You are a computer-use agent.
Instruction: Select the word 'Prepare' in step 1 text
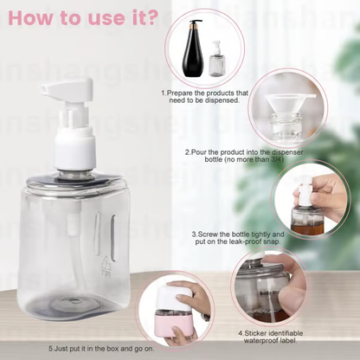click(x=181, y=92)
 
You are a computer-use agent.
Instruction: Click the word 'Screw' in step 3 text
click(x=209, y=234)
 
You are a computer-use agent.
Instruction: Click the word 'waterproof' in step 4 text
click(x=259, y=340)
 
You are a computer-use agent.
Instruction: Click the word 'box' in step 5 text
click(x=125, y=348)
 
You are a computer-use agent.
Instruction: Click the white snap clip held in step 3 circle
click(x=308, y=192)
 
